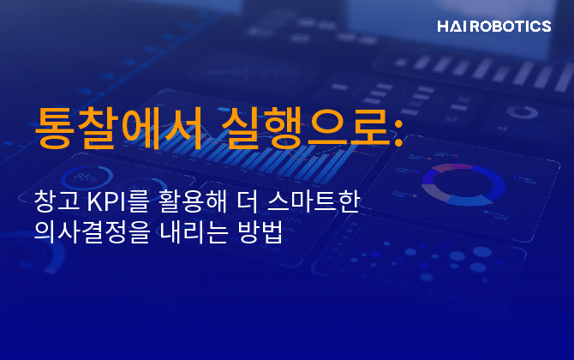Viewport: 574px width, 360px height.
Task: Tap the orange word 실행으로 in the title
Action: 300,129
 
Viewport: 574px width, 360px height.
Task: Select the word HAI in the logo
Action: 451,27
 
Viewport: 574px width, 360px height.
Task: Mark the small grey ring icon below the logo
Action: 521,112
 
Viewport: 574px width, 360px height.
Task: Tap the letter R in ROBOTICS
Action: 479,27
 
